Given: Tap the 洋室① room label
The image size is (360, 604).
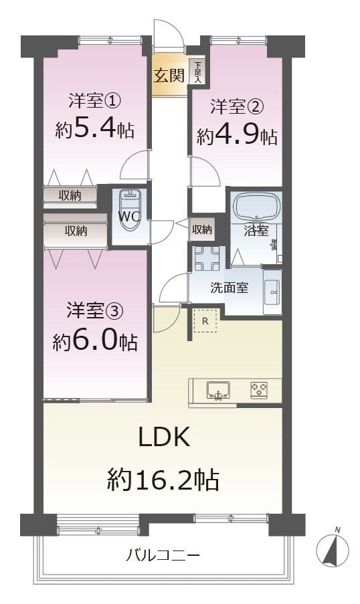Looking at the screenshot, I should tap(95, 102).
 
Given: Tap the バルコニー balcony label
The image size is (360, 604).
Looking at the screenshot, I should tap(163, 555).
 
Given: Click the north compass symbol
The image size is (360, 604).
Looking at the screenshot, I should tap(333, 549).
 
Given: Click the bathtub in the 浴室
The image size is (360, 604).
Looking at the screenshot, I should tap(256, 207).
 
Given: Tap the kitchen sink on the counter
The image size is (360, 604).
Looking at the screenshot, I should tap(217, 389).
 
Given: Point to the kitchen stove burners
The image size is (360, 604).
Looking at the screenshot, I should tap(258, 389).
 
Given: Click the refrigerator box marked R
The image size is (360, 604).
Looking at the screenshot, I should tap(205, 320).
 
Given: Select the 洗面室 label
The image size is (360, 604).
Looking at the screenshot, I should tap(230, 288).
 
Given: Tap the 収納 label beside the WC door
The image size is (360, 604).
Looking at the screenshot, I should tap(202, 229).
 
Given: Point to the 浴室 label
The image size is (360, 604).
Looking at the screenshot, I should tap(256, 231).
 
